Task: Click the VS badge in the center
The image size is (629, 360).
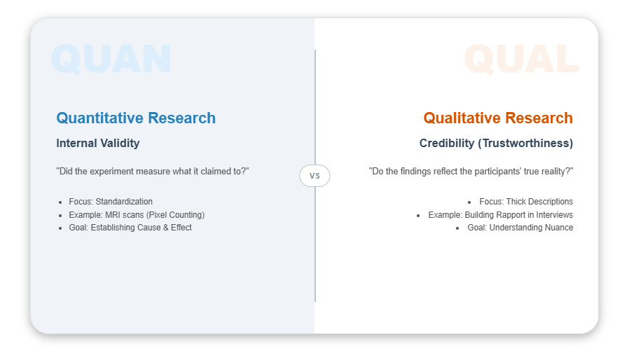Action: (x=314, y=176)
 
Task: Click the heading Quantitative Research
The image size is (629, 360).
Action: (x=136, y=118)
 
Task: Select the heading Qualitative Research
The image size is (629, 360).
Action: (x=497, y=118)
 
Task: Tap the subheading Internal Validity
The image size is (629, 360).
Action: (x=98, y=144)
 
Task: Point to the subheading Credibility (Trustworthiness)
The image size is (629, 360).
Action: (x=496, y=144)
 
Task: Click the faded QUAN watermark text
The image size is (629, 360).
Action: (x=111, y=59)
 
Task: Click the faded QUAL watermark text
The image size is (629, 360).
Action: (x=521, y=59)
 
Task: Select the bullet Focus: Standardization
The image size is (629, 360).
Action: (x=111, y=202)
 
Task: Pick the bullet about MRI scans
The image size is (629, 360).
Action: (x=137, y=215)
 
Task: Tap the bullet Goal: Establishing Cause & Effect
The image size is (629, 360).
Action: (x=130, y=228)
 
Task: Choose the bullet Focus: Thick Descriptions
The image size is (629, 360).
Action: (x=526, y=202)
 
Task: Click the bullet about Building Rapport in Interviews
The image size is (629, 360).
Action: (x=500, y=215)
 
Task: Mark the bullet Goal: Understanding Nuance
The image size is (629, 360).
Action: (x=520, y=228)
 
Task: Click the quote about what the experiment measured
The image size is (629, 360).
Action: (x=153, y=172)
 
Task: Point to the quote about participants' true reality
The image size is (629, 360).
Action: (x=471, y=172)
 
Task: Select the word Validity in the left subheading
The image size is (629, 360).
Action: (x=119, y=144)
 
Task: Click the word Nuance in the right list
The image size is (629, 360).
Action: (x=557, y=228)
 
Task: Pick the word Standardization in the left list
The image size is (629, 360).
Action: (x=124, y=202)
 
